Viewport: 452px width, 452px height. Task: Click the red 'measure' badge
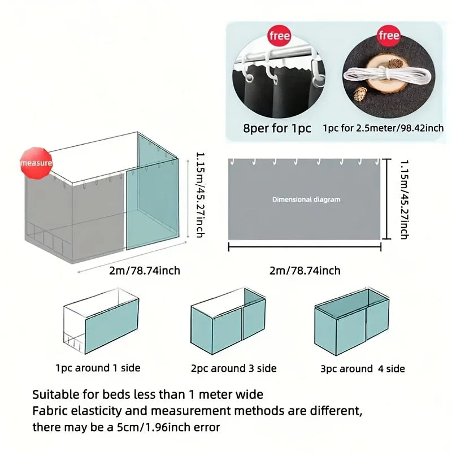[x=36, y=163]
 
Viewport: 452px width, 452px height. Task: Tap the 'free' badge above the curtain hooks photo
[x=279, y=36]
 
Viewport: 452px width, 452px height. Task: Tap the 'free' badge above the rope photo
[x=389, y=36]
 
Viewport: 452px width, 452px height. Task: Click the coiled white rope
[x=387, y=76]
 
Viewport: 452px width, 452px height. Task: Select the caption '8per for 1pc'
[x=277, y=128]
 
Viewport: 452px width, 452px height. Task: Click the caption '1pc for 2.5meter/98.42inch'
[x=383, y=128]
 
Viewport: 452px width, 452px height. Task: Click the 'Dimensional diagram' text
[x=306, y=199]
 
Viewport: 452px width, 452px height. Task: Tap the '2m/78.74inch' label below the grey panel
[x=305, y=271]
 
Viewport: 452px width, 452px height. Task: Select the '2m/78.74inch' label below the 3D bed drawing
[x=145, y=271]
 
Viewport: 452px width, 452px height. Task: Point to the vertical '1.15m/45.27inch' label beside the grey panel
[x=405, y=199]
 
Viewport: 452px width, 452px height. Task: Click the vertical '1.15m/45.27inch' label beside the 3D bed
[x=201, y=195]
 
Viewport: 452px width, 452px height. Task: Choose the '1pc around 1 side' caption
[x=98, y=368]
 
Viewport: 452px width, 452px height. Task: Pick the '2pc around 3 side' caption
[x=234, y=368]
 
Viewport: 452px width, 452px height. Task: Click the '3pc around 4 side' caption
[x=363, y=369]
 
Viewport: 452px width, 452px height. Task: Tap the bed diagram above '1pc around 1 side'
[x=101, y=321]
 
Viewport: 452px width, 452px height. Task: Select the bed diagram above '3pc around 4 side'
[x=352, y=321]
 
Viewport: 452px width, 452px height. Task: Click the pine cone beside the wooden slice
[x=360, y=94]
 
